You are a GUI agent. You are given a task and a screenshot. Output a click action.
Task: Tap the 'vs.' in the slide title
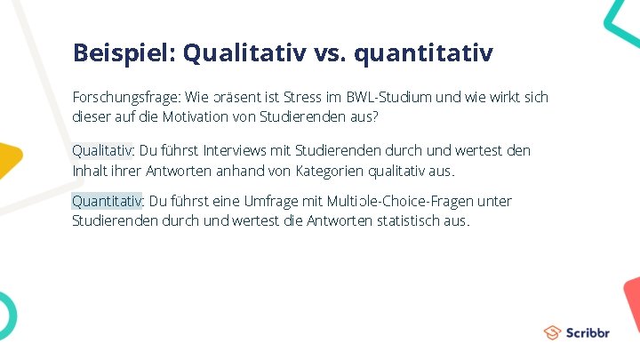[329, 53]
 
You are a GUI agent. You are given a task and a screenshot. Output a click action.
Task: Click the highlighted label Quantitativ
[107, 201]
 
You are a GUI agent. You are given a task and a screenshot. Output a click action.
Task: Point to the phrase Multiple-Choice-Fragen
[404, 201]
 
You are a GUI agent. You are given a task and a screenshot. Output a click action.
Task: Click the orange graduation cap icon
[553, 332]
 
